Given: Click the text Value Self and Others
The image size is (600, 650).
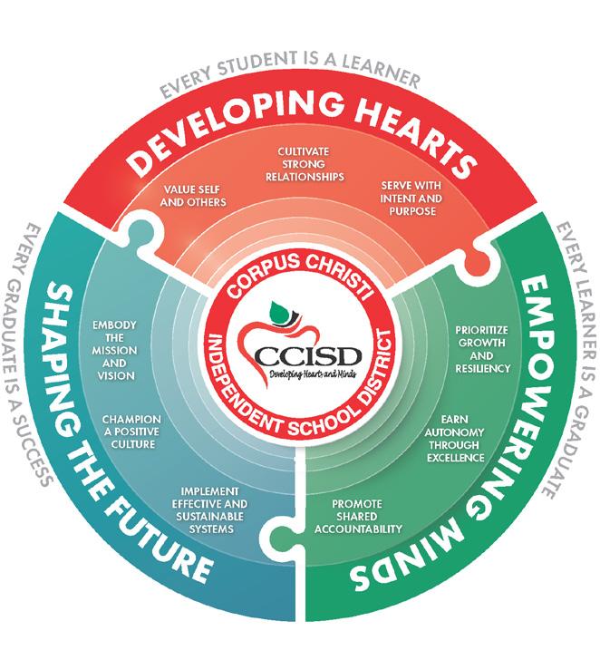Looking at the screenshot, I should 194,196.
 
